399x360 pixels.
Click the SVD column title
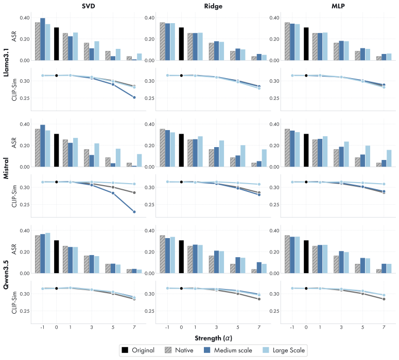click(x=89, y=6)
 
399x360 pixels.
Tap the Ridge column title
click(x=213, y=6)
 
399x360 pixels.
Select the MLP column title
click(x=338, y=6)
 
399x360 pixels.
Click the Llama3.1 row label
click(x=6, y=62)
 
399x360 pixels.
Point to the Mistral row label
click(x=6, y=168)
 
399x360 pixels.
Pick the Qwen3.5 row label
click(x=6, y=275)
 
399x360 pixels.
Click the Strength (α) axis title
click(x=214, y=338)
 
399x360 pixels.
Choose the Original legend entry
click(x=138, y=350)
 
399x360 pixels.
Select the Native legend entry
click(x=179, y=350)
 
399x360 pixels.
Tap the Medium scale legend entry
click(x=228, y=350)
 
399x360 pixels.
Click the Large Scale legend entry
click(x=284, y=350)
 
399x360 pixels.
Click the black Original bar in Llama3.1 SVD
click(x=57, y=44)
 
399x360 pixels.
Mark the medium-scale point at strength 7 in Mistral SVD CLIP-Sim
click(x=134, y=212)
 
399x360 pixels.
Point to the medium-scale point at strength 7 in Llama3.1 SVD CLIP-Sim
click(x=134, y=97)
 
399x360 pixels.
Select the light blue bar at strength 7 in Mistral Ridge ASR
click(x=264, y=158)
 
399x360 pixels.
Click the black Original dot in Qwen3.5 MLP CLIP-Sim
click(x=306, y=289)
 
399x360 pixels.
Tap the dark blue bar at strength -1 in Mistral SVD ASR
click(x=43, y=146)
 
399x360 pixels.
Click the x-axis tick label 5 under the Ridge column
click(x=238, y=328)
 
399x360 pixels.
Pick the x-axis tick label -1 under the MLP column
click(x=292, y=328)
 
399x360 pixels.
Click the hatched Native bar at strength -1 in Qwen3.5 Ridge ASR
click(x=162, y=254)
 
